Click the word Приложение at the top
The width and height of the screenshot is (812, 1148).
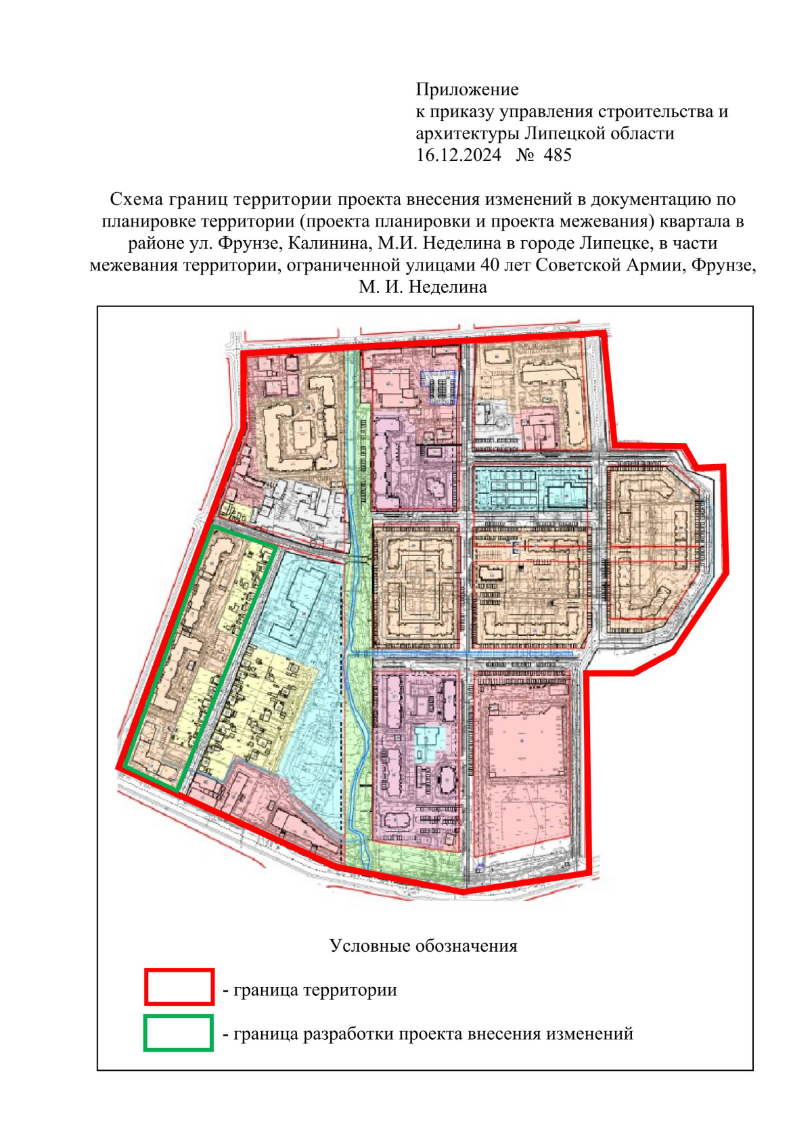point(467,89)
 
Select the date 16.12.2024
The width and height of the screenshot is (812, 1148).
point(458,155)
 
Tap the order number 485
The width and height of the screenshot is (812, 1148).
point(558,155)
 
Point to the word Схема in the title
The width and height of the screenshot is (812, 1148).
point(137,200)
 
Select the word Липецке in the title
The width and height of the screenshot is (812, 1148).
point(616,243)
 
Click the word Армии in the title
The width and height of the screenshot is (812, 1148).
point(653,265)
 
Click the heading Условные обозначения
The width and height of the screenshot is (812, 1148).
point(423,946)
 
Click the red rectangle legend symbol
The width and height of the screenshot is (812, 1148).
point(179,986)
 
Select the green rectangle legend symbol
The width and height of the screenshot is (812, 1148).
point(179,1032)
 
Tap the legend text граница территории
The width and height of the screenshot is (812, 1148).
point(315,990)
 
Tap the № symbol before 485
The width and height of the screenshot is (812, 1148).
point(525,155)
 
